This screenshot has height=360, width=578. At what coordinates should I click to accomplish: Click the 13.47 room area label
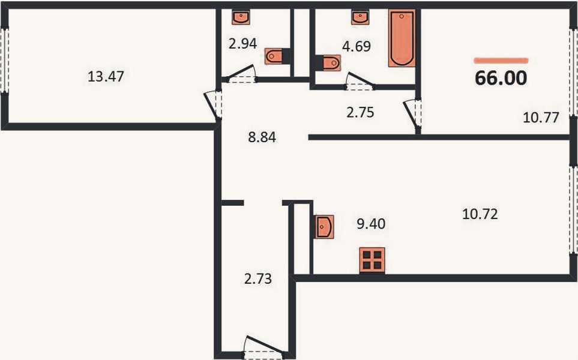tap(106, 77)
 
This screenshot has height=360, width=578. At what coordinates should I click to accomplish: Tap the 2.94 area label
tap(242, 43)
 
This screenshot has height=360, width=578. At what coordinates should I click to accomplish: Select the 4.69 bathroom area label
tap(357, 46)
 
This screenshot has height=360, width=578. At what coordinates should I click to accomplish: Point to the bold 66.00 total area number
tap(501, 78)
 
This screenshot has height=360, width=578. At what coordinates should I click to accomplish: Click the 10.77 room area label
tap(541, 118)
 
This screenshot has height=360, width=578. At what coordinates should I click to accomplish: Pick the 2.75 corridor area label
tap(360, 112)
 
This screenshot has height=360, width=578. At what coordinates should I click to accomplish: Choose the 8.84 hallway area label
tap(262, 137)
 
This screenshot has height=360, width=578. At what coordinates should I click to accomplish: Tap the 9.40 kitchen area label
tap(371, 224)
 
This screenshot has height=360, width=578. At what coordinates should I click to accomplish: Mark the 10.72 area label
tap(480, 214)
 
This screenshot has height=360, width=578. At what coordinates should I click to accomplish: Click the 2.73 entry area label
tap(258, 279)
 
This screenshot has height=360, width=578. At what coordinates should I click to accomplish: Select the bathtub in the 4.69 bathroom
tap(402, 38)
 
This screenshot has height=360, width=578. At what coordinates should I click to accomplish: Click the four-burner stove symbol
tap(372, 260)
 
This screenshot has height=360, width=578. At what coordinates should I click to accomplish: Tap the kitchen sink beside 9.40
tap(324, 227)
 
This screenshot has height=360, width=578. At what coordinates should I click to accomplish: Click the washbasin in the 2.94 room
tap(241, 17)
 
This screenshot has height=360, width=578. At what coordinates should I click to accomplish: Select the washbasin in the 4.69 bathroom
tap(360, 17)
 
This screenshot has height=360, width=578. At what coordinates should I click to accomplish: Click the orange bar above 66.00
tap(501, 61)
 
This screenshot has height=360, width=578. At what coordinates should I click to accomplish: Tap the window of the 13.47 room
tap(4, 61)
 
